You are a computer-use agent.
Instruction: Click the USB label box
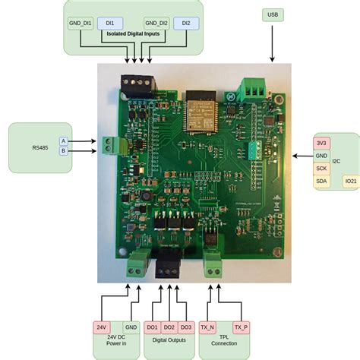click(273, 14)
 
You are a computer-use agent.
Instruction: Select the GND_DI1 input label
click(81, 24)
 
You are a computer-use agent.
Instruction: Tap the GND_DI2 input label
click(156, 24)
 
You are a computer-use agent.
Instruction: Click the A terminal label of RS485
click(64, 141)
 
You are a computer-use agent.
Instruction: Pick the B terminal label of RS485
click(64, 151)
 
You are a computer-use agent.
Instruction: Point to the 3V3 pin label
click(321, 142)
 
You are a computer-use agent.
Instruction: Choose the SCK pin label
click(321, 168)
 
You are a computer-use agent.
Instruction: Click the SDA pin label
click(321, 182)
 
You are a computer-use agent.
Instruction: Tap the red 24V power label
click(102, 327)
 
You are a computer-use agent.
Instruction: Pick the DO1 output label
click(153, 327)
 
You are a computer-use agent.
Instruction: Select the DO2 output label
click(169, 327)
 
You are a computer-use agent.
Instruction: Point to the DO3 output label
click(186, 327)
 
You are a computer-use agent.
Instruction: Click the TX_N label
click(207, 327)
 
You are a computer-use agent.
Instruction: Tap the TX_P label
click(241, 327)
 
